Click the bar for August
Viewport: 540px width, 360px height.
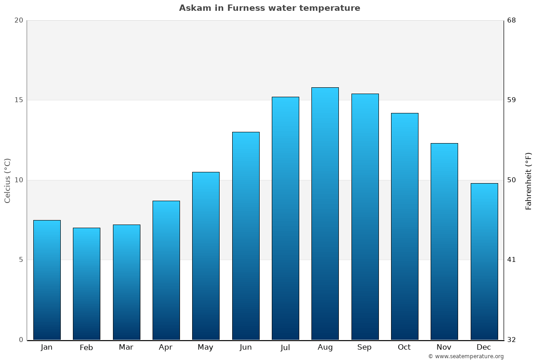[x=325, y=214]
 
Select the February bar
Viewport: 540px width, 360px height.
[x=86, y=284]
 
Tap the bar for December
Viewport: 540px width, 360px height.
[x=484, y=261]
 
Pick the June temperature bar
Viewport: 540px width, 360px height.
[x=246, y=236]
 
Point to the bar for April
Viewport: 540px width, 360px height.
[x=166, y=270]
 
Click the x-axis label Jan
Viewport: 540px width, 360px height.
[x=47, y=347]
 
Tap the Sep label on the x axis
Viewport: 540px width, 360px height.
[x=364, y=347]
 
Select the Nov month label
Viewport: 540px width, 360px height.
[x=444, y=347]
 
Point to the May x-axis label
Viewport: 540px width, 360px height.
[x=206, y=347]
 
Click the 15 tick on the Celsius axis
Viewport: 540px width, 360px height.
[x=18, y=100]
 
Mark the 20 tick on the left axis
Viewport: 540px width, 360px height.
[x=18, y=20]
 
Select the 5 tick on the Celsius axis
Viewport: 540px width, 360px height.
[x=21, y=260]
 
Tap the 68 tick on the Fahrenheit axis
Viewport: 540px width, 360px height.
[x=512, y=20]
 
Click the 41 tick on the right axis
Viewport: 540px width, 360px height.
[x=512, y=260]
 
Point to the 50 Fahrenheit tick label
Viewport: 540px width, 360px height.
[x=512, y=180]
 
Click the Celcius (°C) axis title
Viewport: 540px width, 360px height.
[x=8, y=180]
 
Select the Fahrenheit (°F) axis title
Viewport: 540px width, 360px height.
[x=529, y=180]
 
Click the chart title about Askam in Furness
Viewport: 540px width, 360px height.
[x=270, y=8]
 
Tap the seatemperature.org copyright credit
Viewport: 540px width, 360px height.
[x=466, y=356]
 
